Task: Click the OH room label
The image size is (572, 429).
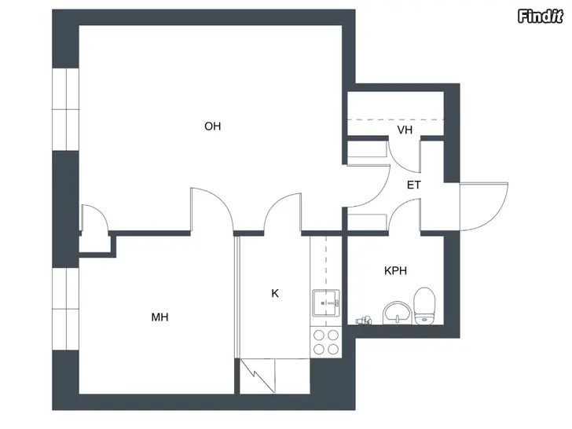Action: pyautogui.click(x=212, y=126)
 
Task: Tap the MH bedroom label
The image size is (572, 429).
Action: pyautogui.click(x=159, y=317)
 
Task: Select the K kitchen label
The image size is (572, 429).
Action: pyautogui.click(x=275, y=293)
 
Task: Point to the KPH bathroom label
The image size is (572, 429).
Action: pyautogui.click(x=395, y=270)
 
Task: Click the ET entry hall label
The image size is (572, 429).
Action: pyautogui.click(x=413, y=185)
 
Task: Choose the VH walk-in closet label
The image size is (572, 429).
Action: pyautogui.click(x=405, y=130)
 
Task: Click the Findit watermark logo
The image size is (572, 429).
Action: pyautogui.click(x=541, y=16)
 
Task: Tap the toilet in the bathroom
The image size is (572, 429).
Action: pyautogui.click(x=424, y=306)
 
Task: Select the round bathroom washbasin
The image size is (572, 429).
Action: pyautogui.click(x=398, y=313)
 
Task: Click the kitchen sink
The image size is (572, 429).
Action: pyautogui.click(x=326, y=303)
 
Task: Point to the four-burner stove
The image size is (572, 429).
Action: pyautogui.click(x=326, y=343)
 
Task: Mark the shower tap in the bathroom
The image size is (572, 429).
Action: pyautogui.click(x=363, y=321)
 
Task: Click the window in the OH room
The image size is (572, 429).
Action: pyautogui.click(x=66, y=109)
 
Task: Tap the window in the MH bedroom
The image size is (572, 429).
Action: pyautogui.click(x=66, y=309)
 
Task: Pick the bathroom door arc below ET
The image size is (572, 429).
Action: pyautogui.click(x=398, y=207)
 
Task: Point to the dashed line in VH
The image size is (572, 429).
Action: pyautogui.click(x=395, y=119)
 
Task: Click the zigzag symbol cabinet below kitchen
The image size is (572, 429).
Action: pyautogui.click(x=257, y=376)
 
